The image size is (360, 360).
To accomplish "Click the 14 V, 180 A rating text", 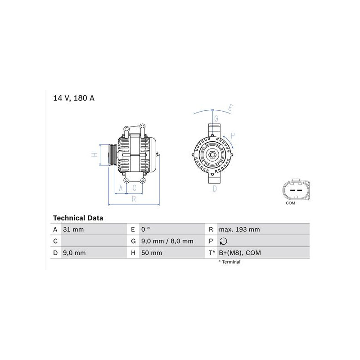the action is point(74,98).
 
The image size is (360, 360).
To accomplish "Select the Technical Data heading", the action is point(78,218).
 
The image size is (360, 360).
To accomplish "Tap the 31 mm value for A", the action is point(73,229).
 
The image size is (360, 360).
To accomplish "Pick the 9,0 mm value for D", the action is point(74,253).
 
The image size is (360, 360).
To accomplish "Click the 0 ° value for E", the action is point(145,229).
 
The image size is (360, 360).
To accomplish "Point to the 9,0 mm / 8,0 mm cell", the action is point(167,241).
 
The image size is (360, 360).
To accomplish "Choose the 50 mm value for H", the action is point(152,253).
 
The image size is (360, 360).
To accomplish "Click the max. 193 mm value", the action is point(239,229).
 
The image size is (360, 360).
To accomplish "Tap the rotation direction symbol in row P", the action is point(223,241).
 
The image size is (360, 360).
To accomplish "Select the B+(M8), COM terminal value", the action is point(240,253).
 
